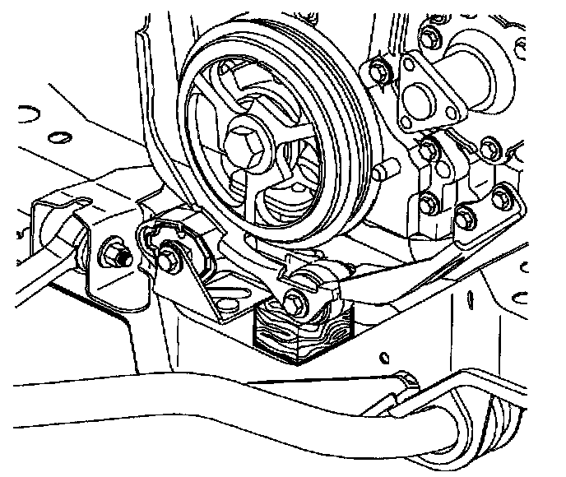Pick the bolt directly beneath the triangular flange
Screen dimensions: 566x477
pyautogui.click(x=427, y=151)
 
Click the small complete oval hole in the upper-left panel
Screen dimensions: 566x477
pyautogui.click(x=58, y=132)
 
